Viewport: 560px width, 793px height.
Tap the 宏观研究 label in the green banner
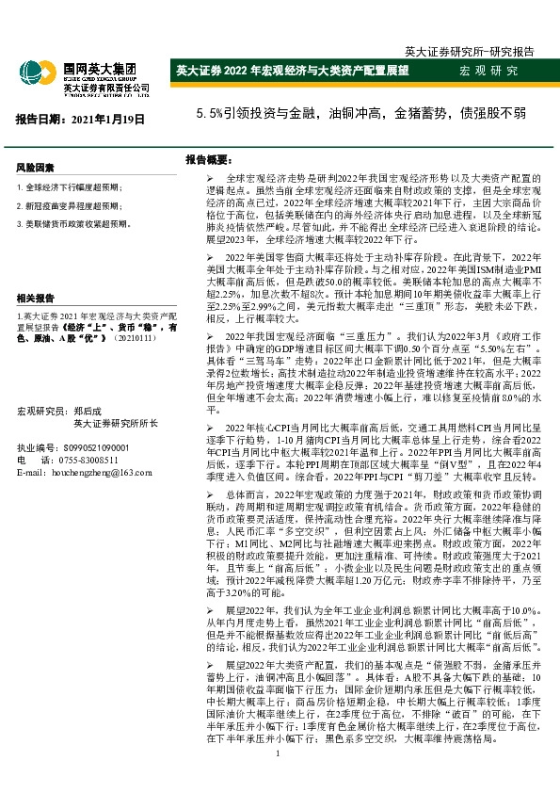pyautogui.click(x=488, y=72)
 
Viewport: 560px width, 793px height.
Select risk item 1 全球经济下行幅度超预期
pyautogui.click(x=70, y=188)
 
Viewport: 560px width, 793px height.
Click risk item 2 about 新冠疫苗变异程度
pyautogui.click(x=70, y=206)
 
